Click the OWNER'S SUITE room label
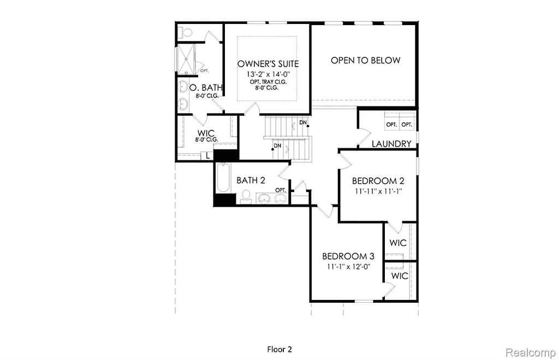pyautogui.click(x=268, y=64)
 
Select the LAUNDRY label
pyautogui.click(x=391, y=144)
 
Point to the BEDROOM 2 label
pyautogui.click(x=378, y=181)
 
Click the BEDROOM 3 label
pyautogui.click(x=348, y=256)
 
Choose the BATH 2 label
pyautogui.click(x=251, y=181)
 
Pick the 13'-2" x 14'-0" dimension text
pyautogui.click(x=268, y=74)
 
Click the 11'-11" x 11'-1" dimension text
pyautogui.click(x=378, y=191)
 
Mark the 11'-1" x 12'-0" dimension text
pyautogui.click(x=348, y=267)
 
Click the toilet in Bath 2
pyautogui.click(x=246, y=197)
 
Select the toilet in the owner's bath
pyautogui.click(x=186, y=32)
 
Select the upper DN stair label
pyautogui.click(x=302, y=122)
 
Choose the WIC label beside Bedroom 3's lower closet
pyautogui.click(x=400, y=276)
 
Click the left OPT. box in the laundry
pyautogui.click(x=391, y=124)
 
